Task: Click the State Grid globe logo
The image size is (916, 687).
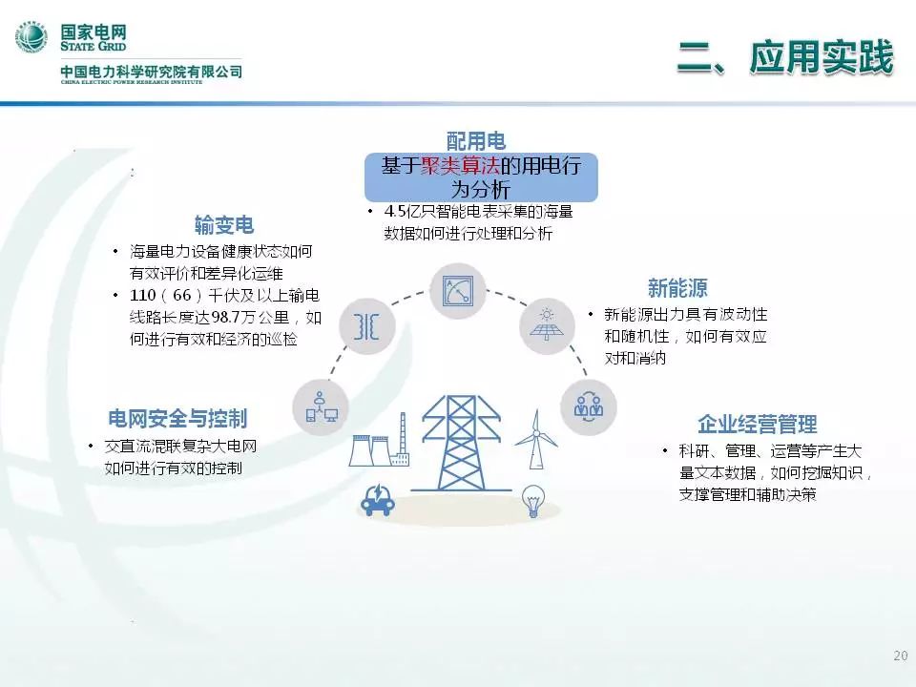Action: (x=31, y=37)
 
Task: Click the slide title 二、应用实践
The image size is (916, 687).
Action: (x=785, y=57)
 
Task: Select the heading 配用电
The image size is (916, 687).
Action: (x=476, y=141)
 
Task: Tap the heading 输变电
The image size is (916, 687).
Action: (x=224, y=225)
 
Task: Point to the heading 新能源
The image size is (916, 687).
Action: (x=677, y=288)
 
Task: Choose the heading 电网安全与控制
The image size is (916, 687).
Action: (x=177, y=418)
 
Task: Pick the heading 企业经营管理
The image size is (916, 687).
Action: (x=757, y=424)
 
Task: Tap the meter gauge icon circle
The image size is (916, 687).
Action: (x=457, y=291)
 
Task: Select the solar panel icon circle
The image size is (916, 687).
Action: (x=547, y=325)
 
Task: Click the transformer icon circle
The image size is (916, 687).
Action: (x=366, y=326)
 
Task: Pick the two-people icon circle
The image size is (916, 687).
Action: (x=589, y=406)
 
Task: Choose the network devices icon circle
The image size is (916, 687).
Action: (x=321, y=407)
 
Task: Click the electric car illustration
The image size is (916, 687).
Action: (x=378, y=499)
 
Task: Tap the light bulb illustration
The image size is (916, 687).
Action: (x=532, y=501)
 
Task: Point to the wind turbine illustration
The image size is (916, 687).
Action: (x=535, y=439)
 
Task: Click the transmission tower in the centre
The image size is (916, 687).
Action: (x=462, y=444)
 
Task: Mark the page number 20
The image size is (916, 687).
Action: (x=900, y=656)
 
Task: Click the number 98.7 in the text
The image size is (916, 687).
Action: (x=224, y=317)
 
